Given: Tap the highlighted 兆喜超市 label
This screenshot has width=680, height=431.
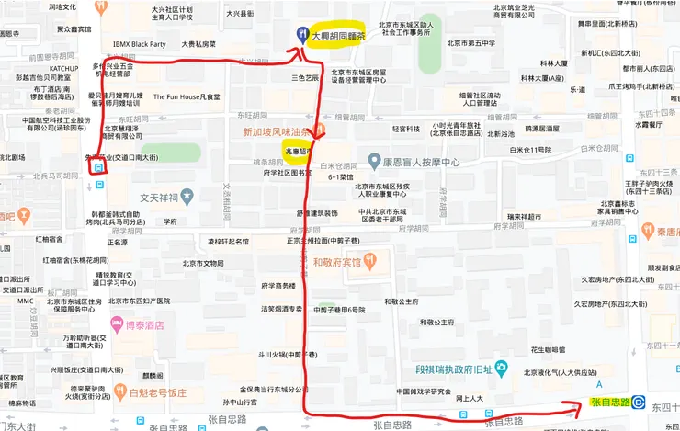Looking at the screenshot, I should coord(299,151).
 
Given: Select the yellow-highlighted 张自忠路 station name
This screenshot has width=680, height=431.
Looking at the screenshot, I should coord(610,403).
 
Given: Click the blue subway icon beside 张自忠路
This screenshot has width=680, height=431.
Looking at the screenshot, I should coord(640,403).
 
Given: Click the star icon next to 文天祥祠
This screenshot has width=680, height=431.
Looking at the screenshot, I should coord(187,195).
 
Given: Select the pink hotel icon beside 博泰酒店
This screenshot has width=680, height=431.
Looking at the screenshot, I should coord(117,324).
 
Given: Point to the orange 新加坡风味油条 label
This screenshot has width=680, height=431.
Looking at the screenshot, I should coord(278,132).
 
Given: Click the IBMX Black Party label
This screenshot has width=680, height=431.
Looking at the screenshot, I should coord(139,43).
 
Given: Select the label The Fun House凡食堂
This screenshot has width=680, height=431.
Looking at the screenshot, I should coord(187,96).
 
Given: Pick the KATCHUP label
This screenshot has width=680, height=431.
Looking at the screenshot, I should coord(63,68).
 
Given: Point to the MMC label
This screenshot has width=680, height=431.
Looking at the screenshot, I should coord(25,301).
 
